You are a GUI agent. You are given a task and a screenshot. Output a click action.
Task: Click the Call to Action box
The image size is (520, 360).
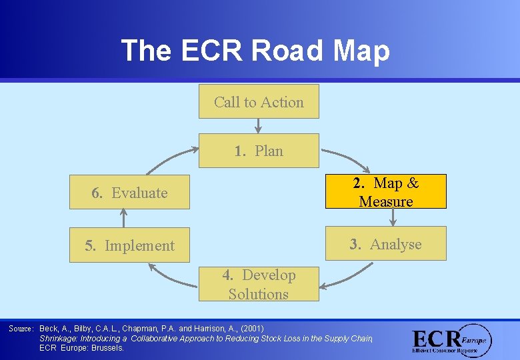click(x=259, y=101)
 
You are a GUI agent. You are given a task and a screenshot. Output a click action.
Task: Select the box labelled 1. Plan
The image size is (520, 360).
click(x=259, y=151)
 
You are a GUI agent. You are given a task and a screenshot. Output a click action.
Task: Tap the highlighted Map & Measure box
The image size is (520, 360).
click(x=385, y=192)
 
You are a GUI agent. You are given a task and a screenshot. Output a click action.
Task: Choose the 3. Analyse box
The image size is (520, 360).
click(x=385, y=244)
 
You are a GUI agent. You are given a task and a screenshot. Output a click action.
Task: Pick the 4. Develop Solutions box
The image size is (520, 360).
click(x=259, y=284)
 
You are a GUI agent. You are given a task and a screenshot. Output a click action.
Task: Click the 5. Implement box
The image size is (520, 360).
click(x=129, y=245)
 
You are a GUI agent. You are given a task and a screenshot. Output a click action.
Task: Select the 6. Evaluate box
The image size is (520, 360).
click(x=129, y=193)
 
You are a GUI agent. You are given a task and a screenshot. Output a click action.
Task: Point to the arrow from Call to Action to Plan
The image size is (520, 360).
click(x=259, y=126)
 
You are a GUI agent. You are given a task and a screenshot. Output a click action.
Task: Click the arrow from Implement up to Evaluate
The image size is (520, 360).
click(x=123, y=218)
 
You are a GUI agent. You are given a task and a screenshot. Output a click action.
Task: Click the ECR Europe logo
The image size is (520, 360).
click(x=452, y=341)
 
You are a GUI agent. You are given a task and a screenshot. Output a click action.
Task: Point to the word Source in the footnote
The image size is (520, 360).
click(x=21, y=329)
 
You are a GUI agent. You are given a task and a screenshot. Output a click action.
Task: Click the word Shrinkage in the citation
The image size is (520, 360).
click(x=61, y=338)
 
